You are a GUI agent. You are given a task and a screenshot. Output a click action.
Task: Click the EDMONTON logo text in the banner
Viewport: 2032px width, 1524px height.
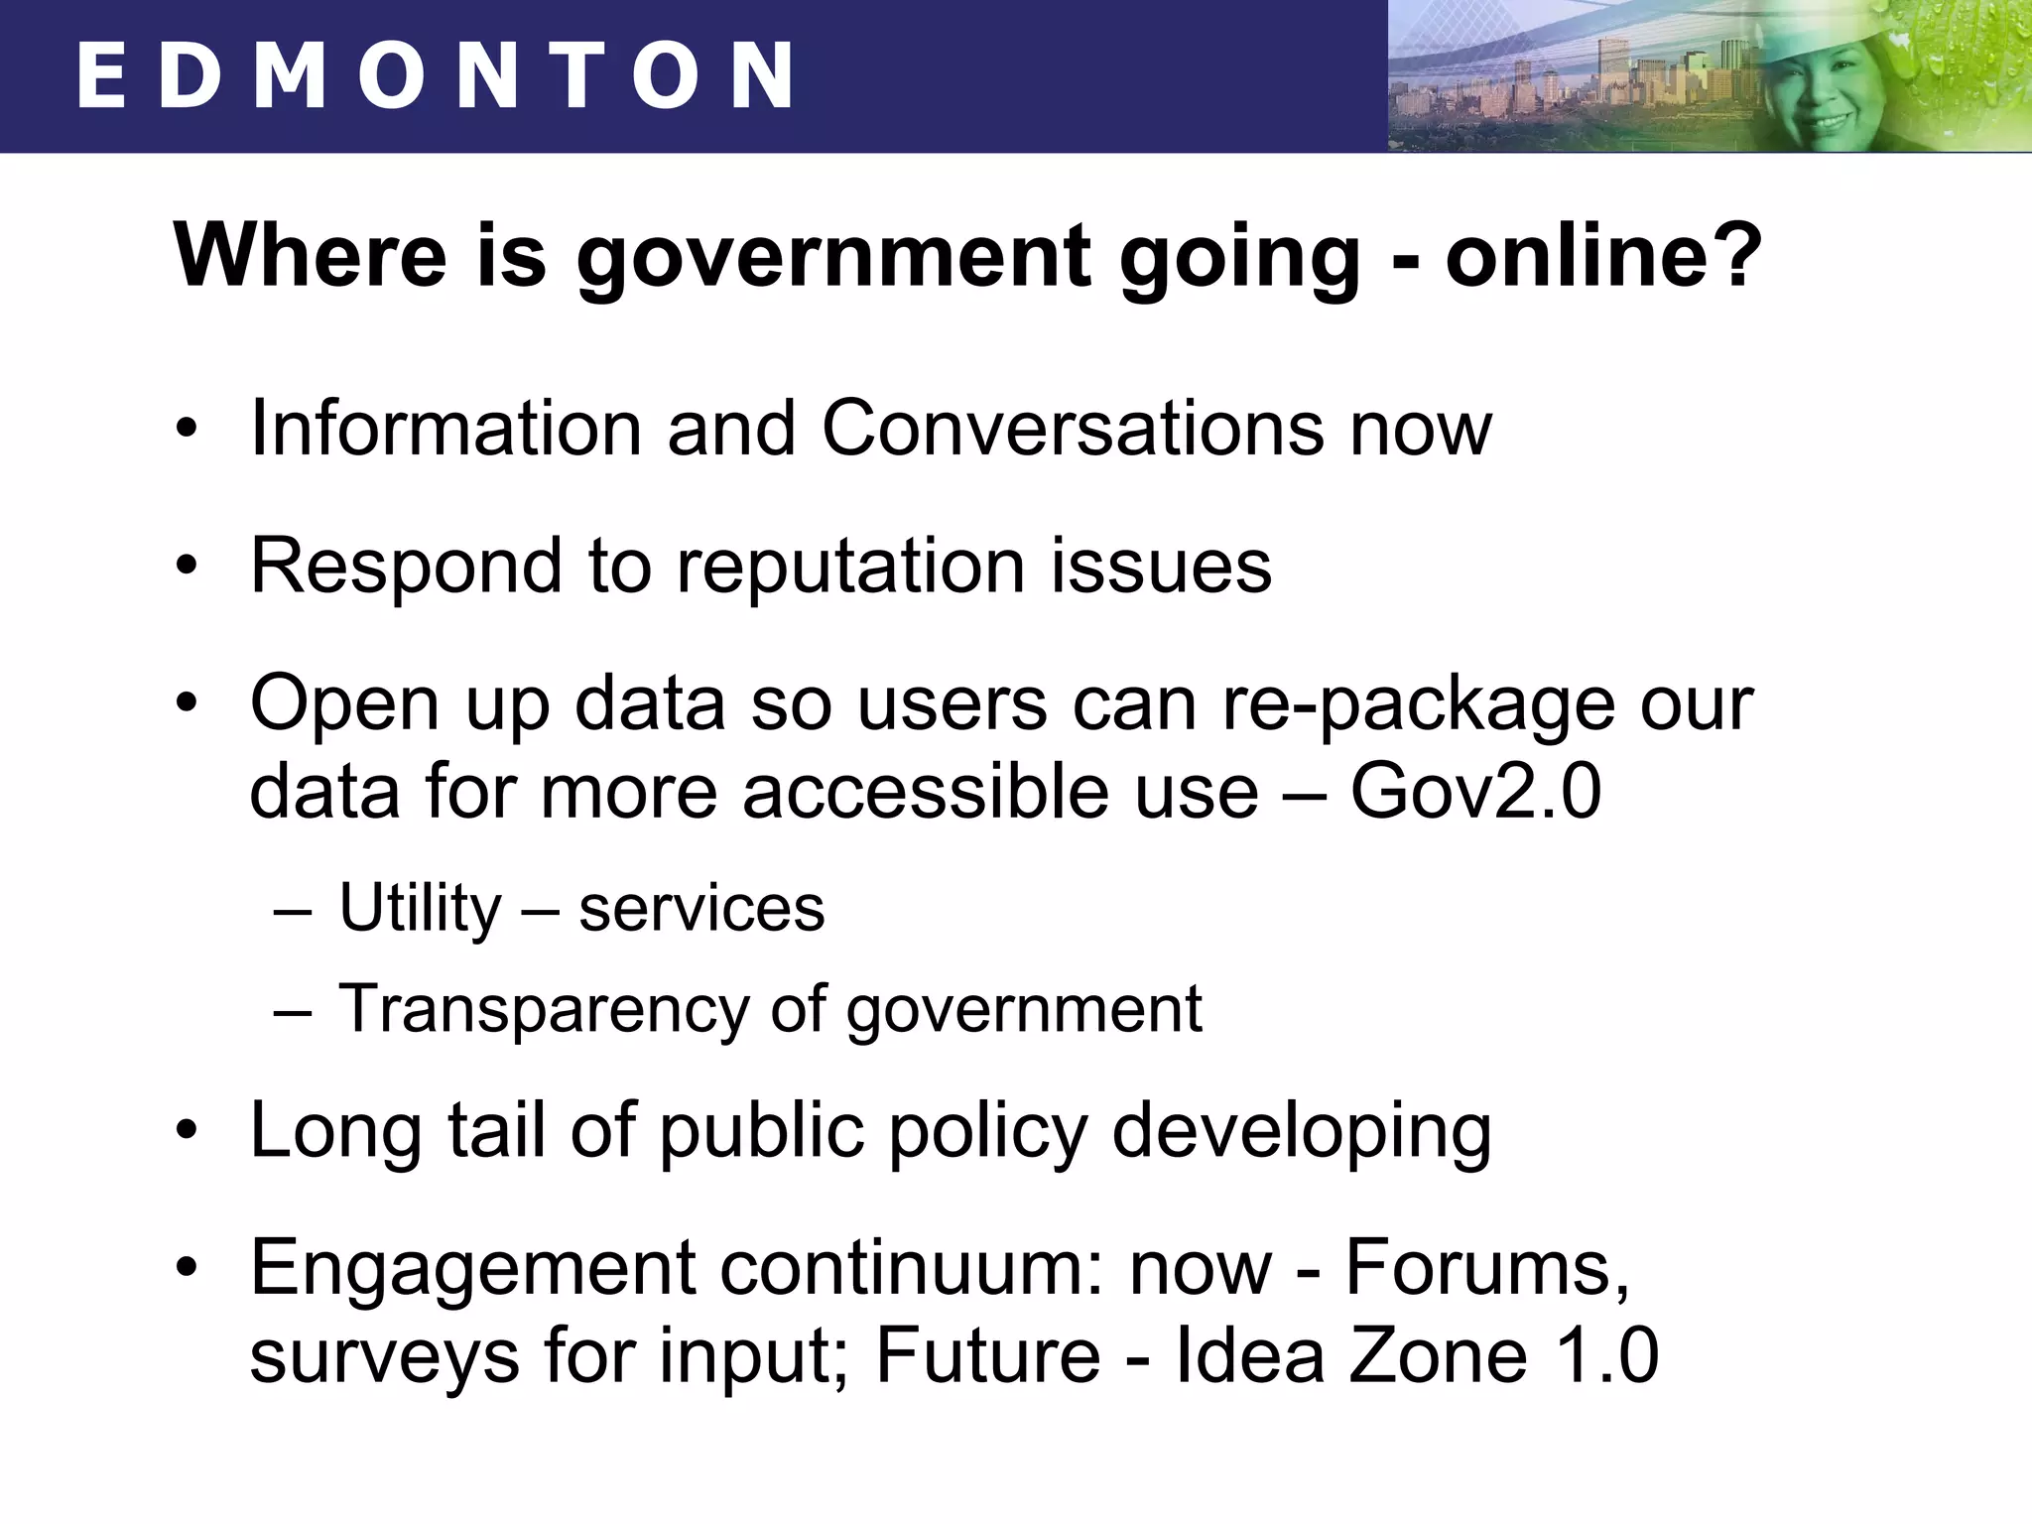point(434,75)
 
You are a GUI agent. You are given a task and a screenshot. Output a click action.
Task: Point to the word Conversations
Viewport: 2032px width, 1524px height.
point(1071,429)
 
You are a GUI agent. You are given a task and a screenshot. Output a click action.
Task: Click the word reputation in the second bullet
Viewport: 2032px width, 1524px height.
point(851,567)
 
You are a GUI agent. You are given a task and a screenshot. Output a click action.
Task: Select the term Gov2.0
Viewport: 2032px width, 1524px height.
point(1475,792)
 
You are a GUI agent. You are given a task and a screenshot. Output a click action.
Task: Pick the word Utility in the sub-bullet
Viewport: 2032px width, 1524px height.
point(420,908)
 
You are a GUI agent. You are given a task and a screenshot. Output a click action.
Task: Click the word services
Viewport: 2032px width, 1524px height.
point(701,908)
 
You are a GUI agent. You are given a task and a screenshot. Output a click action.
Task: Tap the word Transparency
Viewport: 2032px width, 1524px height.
point(543,1009)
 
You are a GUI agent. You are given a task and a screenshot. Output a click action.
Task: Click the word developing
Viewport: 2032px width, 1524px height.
point(1302,1132)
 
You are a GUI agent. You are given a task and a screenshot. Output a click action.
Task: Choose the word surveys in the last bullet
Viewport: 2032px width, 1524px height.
point(385,1357)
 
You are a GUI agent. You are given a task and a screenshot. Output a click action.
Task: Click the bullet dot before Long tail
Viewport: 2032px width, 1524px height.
point(187,1132)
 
